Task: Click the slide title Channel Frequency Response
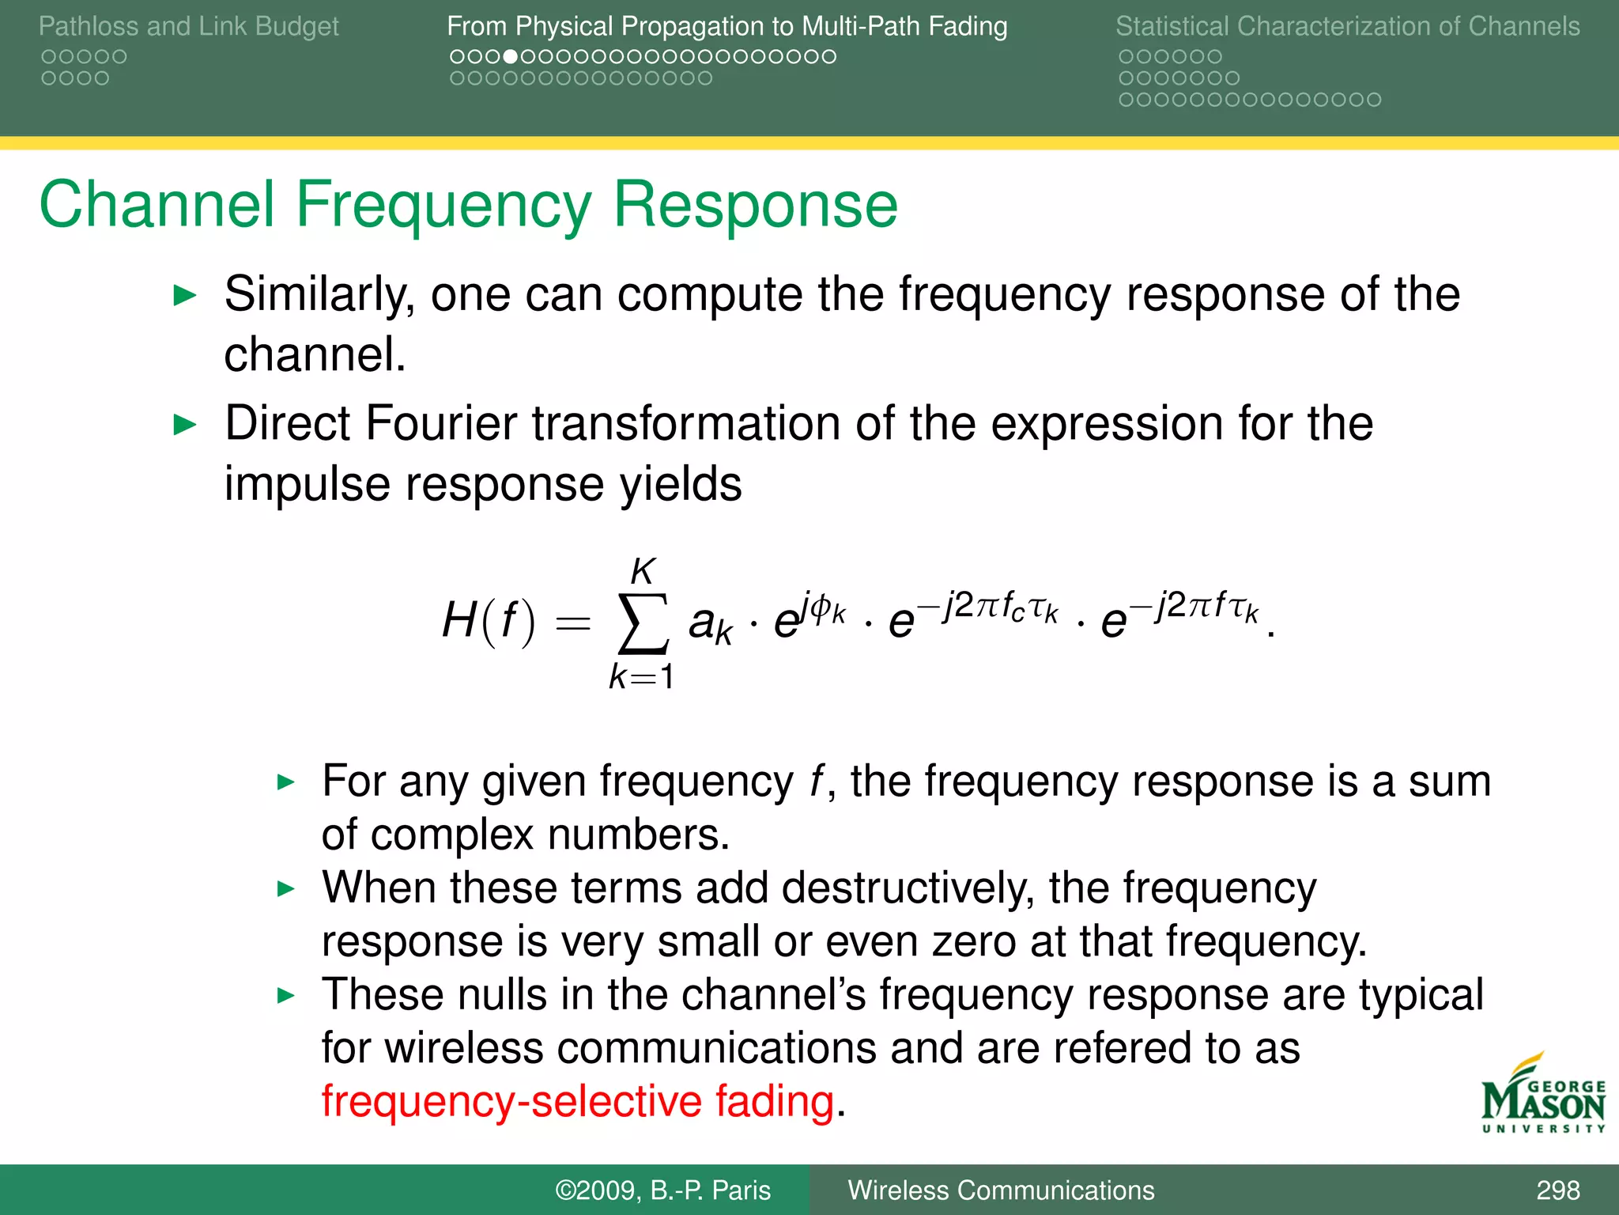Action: (468, 205)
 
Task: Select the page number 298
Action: (1557, 1190)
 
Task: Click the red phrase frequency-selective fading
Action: (578, 1101)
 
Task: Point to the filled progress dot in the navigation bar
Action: (511, 57)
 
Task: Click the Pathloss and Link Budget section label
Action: (188, 26)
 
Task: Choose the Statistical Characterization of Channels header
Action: (1347, 26)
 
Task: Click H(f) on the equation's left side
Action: (488, 621)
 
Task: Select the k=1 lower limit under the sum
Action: (641, 677)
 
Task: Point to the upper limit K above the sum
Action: (643, 571)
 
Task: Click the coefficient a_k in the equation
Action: (710, 625)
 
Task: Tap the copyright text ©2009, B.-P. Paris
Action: (662, 1190)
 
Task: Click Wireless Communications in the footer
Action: (1001, 1190)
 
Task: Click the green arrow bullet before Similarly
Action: (184, 297)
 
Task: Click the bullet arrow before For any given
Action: (285, 783)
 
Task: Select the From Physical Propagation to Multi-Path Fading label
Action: (726, 26)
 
